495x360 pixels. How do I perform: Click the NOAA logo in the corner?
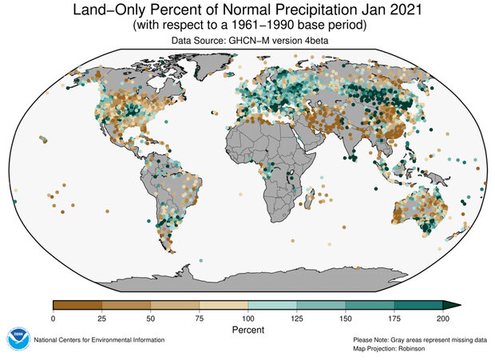click(x=18, y=339)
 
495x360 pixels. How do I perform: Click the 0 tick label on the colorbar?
click(x=53, y=318)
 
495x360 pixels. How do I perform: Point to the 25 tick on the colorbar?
click(x=101, y=318)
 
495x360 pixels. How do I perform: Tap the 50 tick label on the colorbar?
click(x=150, y=318)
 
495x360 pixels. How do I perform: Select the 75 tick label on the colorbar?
click(x=199, y=318)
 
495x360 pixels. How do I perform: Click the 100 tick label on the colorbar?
click(x=247, y=318)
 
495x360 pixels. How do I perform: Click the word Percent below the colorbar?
click(x=247, y=329)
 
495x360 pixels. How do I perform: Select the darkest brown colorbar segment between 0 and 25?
click(x=77, y=305)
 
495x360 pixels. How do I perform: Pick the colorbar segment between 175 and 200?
click(x=418, y=305)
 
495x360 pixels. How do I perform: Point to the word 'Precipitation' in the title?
click(x=291, y=11)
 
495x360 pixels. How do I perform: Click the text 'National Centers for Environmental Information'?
click(x=99, y=340)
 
